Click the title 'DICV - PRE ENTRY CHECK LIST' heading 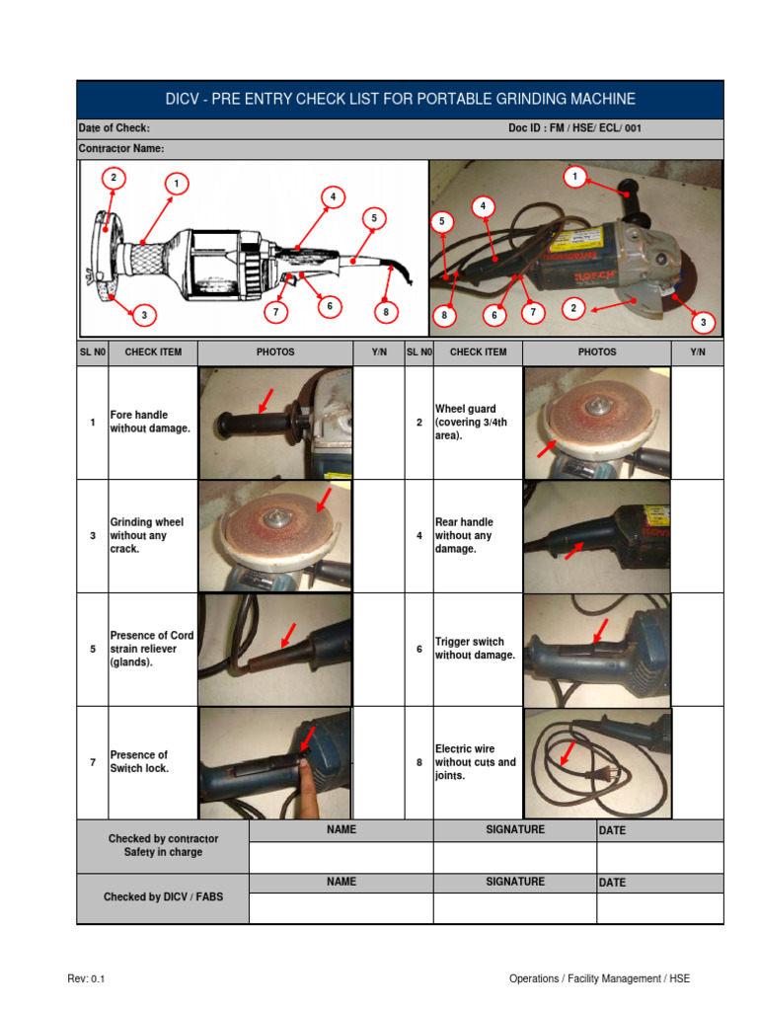pos(400,100)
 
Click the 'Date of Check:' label pos(114,129)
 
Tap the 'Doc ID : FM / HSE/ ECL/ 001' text pos(574,129)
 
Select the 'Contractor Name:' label pos(121,149)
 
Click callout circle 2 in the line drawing pos(114,178)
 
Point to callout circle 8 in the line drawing pos(387,312)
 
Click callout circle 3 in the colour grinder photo pos(703,322)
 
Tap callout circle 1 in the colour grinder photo pos(573,177)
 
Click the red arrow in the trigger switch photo pos(598,629)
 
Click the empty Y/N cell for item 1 pos(378,423)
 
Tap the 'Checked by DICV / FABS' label pos(163,897)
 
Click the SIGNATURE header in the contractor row pos(514,830)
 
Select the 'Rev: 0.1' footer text pos(86,978)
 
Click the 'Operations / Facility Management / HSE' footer pos(599,978)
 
